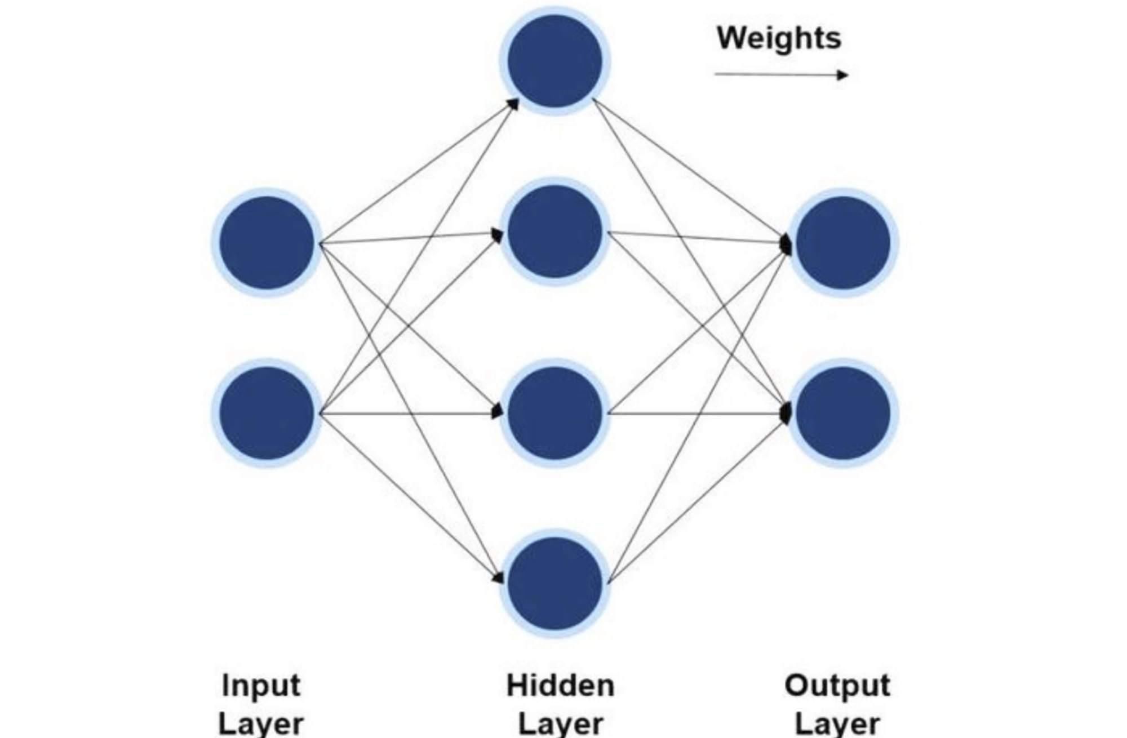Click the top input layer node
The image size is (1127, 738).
[x=267, y=242]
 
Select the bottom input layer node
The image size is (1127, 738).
[x=267, y=413]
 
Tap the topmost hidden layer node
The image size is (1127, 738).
[x=555, y=61]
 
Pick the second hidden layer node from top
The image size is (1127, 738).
[x=555, y=232]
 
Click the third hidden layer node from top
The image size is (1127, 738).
[x=555, y=413]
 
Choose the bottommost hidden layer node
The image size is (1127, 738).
[x=555, y=583]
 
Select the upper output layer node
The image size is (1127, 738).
[x=843, y=242]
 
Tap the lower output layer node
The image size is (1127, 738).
[x=843, y=413]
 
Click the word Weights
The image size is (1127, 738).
[x=779, y=38]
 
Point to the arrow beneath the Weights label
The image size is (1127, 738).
[x=781, y=74]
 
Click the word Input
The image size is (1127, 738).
[x=261, y=686]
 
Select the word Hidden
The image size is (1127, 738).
[x=560, y=686]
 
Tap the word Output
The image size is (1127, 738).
[x=837, y=686]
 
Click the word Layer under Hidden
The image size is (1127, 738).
[x=560, y=724]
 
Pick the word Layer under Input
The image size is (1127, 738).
[x=261, y=724]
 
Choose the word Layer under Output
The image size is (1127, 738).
[x=837, y=724]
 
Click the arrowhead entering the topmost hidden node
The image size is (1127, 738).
[x=513, y=104]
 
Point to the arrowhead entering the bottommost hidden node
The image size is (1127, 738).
[x=498, y=577]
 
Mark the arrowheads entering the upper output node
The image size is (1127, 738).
[x=786, y=243]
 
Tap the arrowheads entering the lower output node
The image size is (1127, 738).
[x=786, y=413]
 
